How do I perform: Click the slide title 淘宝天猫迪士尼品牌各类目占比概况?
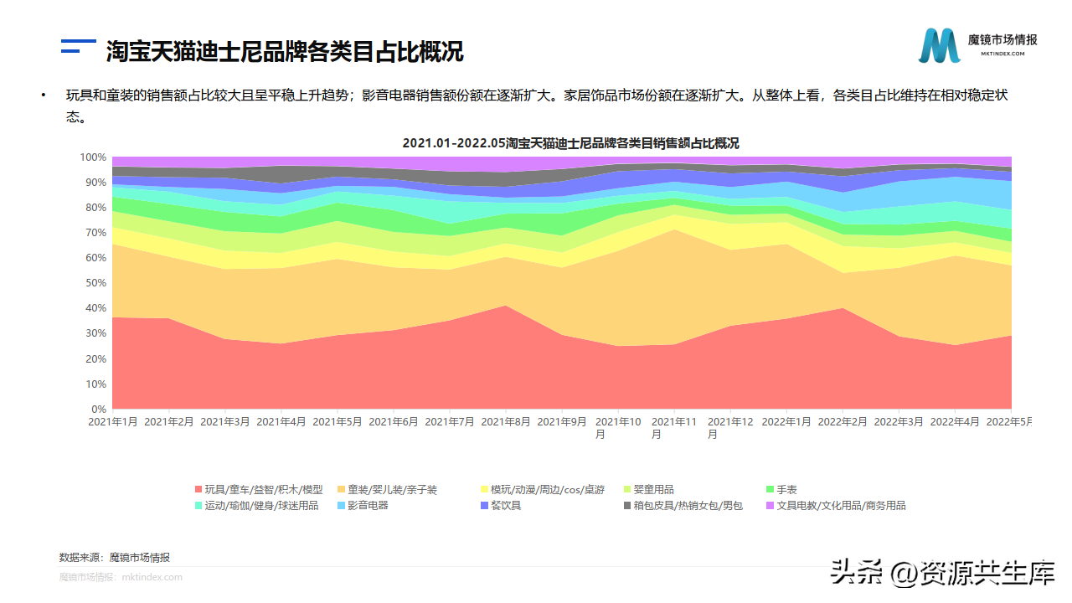[285, 51]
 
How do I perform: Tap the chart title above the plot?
[570, 143]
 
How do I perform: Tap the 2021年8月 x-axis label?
[506, 422]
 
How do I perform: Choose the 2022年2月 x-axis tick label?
[843, 422]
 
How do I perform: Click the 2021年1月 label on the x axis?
[113, 422]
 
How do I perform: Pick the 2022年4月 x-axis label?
[955, 422]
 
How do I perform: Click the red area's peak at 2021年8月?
[506, 307]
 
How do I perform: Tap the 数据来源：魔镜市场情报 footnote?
[115, 557]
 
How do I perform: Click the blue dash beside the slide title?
[79, 51]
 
